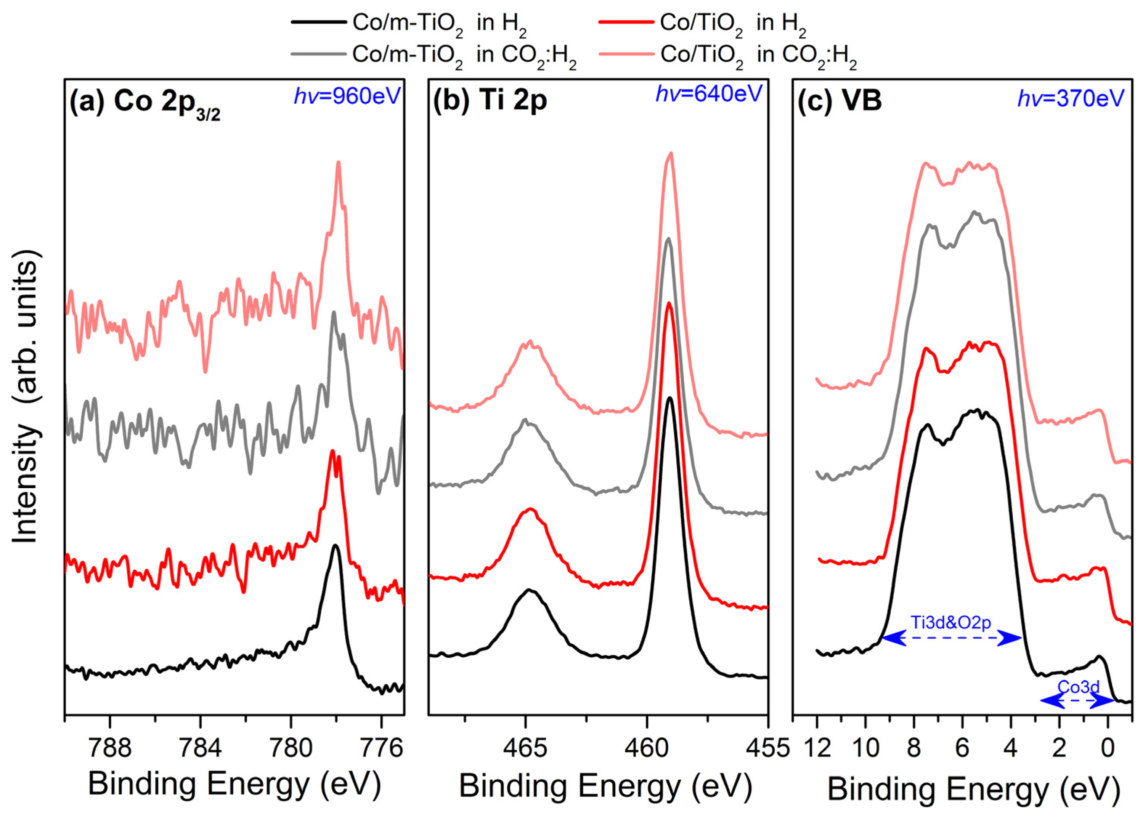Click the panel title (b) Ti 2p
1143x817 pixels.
[490, 101]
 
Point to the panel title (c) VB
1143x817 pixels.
[840, 101]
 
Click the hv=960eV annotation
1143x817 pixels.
[347, 96]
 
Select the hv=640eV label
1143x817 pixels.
[709, 94]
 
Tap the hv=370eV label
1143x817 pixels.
[1071, 98]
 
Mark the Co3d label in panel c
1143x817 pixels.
[1078, 687]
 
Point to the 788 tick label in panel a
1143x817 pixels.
[110, 748]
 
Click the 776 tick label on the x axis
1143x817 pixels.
[381, 748]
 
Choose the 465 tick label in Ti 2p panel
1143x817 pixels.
[525, 748]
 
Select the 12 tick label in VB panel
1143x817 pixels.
[817, 748]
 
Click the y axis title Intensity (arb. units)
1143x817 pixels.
[25, 397]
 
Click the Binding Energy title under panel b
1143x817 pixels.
[605, 785]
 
